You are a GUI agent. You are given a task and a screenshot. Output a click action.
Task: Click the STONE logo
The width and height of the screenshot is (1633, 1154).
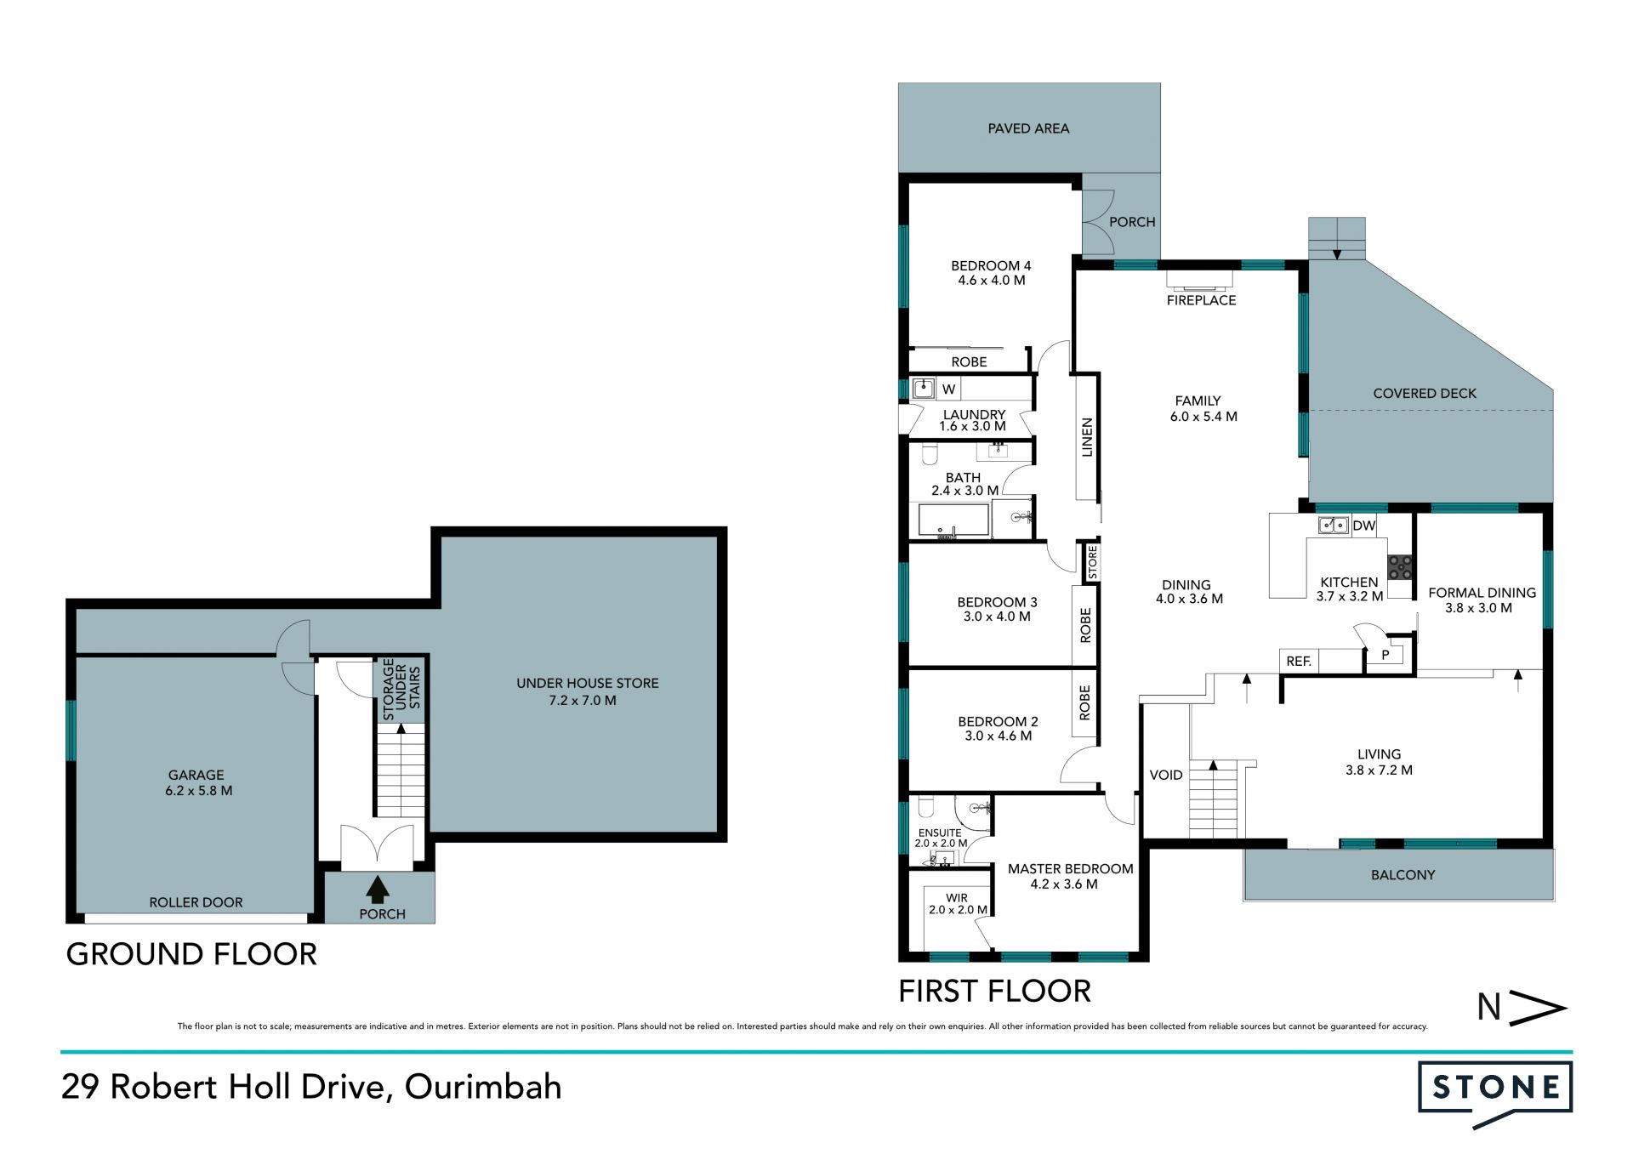[x=1494, y=1094]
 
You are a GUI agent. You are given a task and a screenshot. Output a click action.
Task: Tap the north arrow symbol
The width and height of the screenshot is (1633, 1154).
[x=1522, y=1008]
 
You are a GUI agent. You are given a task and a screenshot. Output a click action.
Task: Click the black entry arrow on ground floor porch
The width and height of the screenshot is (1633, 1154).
[x=377, y=890]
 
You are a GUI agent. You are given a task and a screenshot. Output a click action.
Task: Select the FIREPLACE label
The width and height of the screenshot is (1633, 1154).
[x=1201, y=300]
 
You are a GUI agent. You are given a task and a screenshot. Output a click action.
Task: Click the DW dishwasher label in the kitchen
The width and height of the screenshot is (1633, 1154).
[x=1363, y=526]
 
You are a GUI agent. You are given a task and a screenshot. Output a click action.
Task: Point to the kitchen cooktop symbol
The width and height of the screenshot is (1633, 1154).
[x=1400, y=567]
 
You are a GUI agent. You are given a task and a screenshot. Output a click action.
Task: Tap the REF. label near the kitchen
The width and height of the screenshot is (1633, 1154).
[x=1299, y=661]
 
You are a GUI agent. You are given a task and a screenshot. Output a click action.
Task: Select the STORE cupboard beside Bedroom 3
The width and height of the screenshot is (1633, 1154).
[x=1092, y=563]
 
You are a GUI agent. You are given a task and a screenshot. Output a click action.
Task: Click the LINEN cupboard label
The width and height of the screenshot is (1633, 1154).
[x=1086, y=438]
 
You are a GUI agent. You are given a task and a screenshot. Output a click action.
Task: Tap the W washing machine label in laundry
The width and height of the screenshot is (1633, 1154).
[x=949, y=389]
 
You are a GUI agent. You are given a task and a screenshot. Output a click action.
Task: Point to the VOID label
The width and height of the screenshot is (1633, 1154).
[x=1165, y=775]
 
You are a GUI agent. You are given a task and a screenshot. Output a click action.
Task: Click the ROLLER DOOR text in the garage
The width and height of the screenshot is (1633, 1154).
[x=196, y=902]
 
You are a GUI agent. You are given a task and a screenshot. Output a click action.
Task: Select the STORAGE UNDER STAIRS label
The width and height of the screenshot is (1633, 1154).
[x=401, y=689]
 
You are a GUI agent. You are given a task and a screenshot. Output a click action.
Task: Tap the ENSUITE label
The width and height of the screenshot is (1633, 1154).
[x=940, y=833]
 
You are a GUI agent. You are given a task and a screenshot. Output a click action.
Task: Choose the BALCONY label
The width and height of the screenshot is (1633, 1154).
[x=1403, y=874]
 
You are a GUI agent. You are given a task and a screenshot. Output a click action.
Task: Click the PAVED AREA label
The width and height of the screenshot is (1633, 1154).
[x=1028, y=128]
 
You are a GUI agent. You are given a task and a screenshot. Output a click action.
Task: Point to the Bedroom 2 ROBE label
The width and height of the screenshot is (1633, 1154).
[x=1084, y=703]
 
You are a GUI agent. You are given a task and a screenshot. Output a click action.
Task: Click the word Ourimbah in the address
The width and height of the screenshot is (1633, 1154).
[x=483, y=1087]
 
